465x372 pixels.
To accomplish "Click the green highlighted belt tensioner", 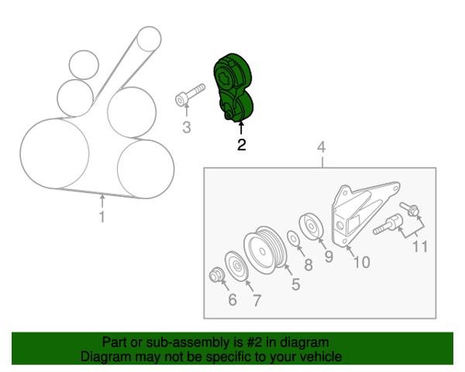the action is [233, 88].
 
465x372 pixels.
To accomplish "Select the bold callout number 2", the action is [241, 145].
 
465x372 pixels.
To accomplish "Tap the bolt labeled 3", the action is [190, 95].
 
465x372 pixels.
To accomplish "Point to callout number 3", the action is [186, 128].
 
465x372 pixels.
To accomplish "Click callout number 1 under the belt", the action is [102, 217].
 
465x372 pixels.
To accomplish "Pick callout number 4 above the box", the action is [322, 147].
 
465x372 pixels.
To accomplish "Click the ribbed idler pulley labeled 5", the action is [265, 250].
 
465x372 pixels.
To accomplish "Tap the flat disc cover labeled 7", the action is [236, 266].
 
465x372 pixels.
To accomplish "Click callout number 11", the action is [420, 246].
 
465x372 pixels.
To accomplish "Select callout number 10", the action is [361, 262].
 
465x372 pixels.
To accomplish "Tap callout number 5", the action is [296, 284].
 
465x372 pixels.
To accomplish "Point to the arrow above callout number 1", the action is [102, 200].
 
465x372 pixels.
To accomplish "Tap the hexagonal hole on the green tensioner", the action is [226, 77].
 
